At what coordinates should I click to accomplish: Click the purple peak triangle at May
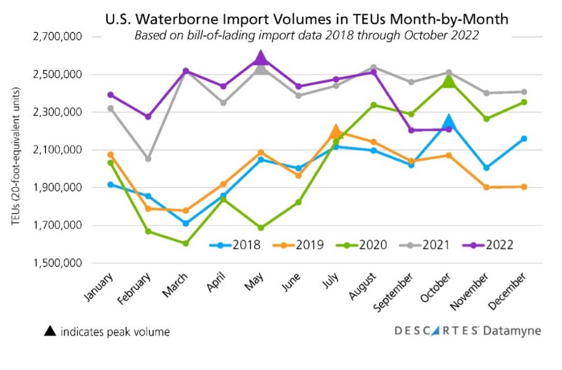coord(260,58)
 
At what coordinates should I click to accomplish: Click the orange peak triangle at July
coord(336,131)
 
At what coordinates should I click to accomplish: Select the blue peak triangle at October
coord(449,122)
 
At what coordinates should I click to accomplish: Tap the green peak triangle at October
coord(449,80)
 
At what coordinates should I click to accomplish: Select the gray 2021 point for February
coord(148,159)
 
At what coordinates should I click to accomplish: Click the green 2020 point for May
coord(260,228)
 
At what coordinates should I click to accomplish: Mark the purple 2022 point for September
coord(411,130)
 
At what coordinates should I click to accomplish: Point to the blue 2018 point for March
coord(186,223)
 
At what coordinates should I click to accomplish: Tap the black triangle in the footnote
coord(49,332)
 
